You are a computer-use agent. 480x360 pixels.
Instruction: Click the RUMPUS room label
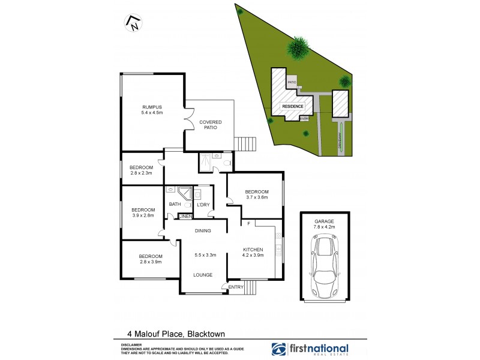click(x=152, y=106)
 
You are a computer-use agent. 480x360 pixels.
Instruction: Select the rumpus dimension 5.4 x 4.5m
click(x=152, y=113)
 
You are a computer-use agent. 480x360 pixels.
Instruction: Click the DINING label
click(x=203, y=230)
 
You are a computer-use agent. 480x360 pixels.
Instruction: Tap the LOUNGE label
click(x=203, y=275)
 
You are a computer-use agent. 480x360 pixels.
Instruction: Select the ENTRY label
click(x=236, y=288)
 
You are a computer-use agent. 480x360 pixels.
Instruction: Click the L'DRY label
click(x=203, y=205)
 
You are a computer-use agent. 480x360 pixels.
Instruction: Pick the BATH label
click(x=175, y=205)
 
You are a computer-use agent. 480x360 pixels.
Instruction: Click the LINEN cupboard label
click(x=185, y=216)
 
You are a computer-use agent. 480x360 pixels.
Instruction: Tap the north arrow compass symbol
click(x=132, y=23)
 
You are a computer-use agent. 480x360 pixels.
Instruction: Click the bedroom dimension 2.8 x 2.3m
click(x=142, y=173)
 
